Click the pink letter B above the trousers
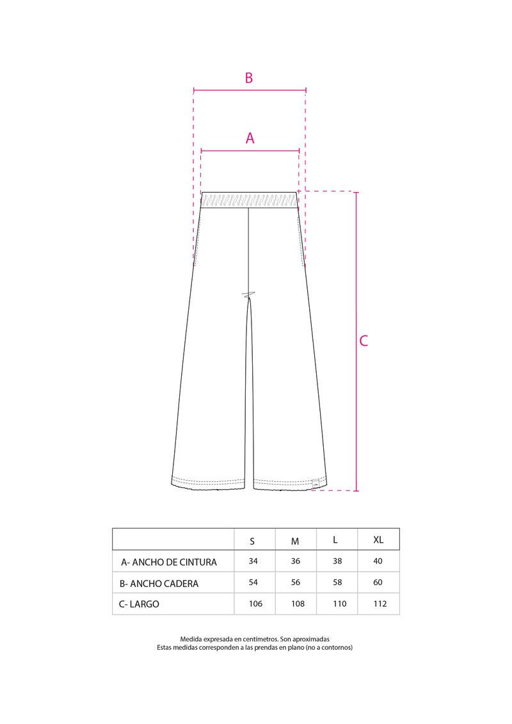[249, 77]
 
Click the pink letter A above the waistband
[250, 138]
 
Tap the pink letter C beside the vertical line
[364, 341]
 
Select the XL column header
[378, 540]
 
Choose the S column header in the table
[252, 541]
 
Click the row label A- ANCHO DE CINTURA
[168, 562]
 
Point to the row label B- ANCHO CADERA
[159, 584]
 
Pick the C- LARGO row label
[139, 604]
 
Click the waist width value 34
[253, 561]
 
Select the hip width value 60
[378, 583]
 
